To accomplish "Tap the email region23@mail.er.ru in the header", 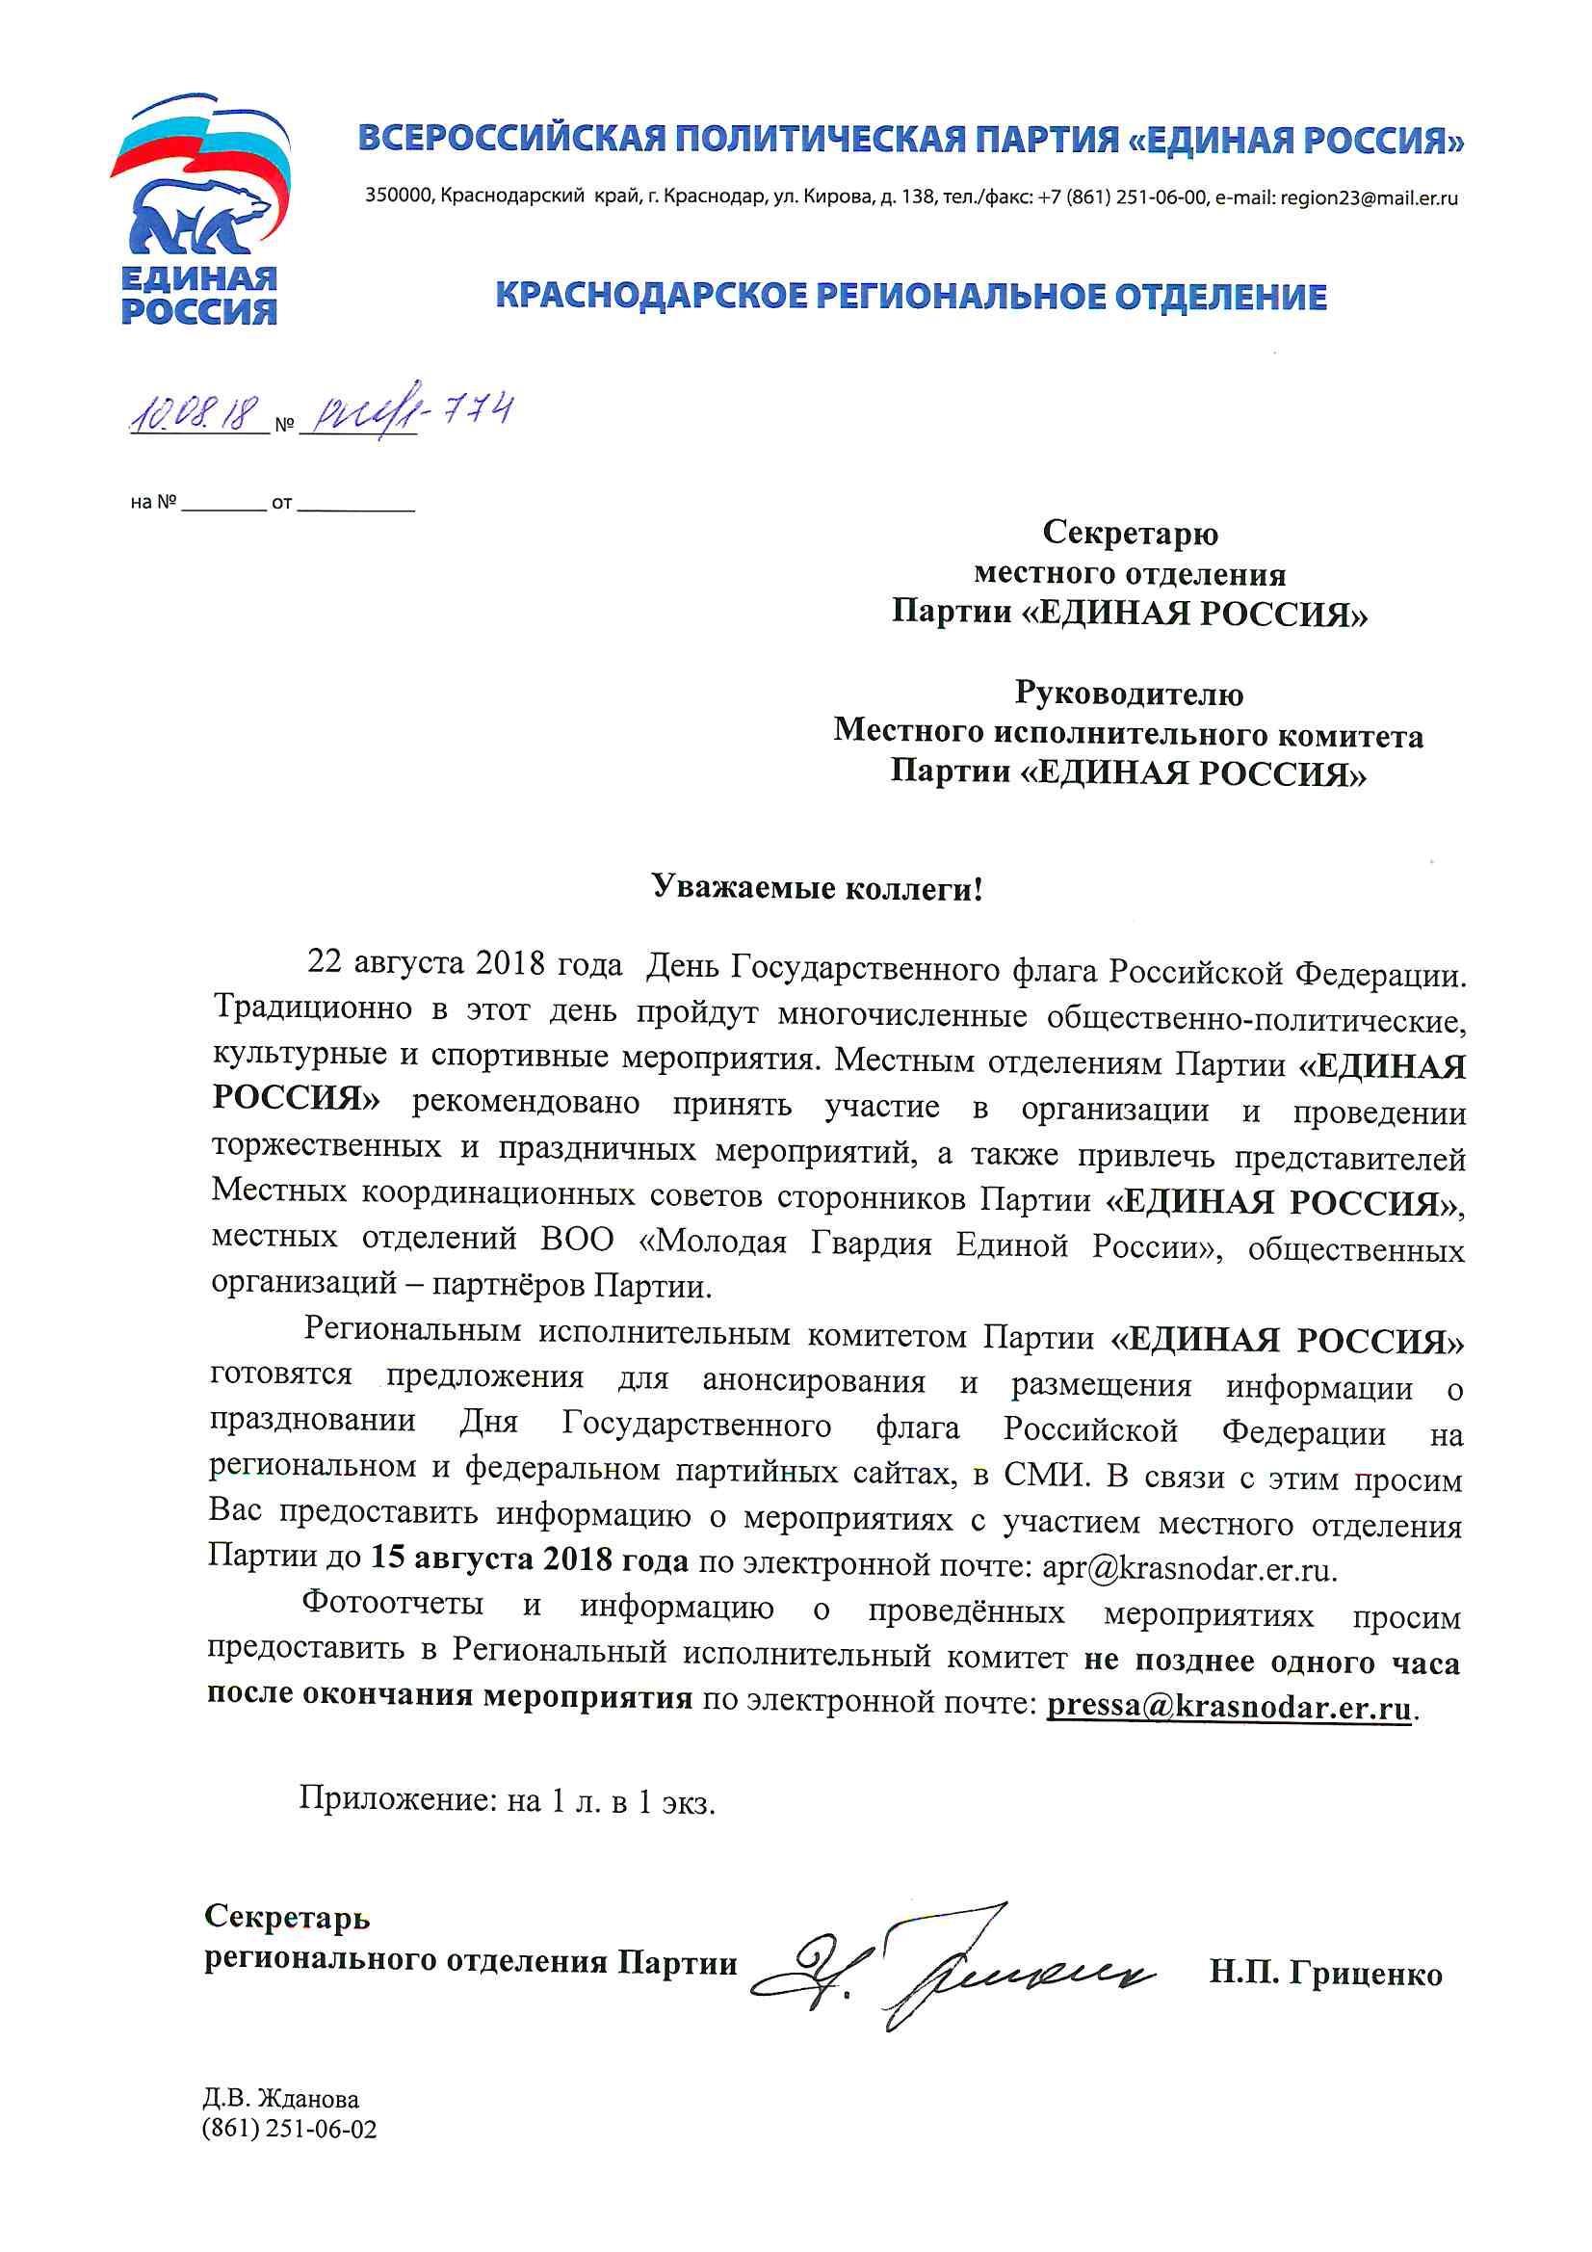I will click(1370, 197).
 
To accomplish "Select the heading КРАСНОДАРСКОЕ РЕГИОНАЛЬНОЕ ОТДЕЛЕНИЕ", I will click(911, 296).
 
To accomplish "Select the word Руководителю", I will click(1128, 694).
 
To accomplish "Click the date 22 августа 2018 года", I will click(465, 965).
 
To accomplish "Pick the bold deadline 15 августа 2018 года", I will click(529, 1559).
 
